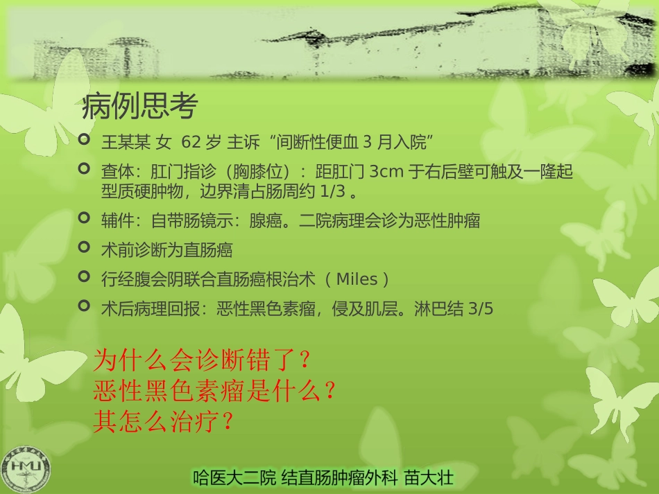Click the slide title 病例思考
coord(140,107)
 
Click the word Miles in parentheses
coord(357,279)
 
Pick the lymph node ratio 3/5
coord(481,309)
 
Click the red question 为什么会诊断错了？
coord(201,360)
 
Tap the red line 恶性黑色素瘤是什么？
coord(215,391)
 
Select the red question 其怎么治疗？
coord(162,422)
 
